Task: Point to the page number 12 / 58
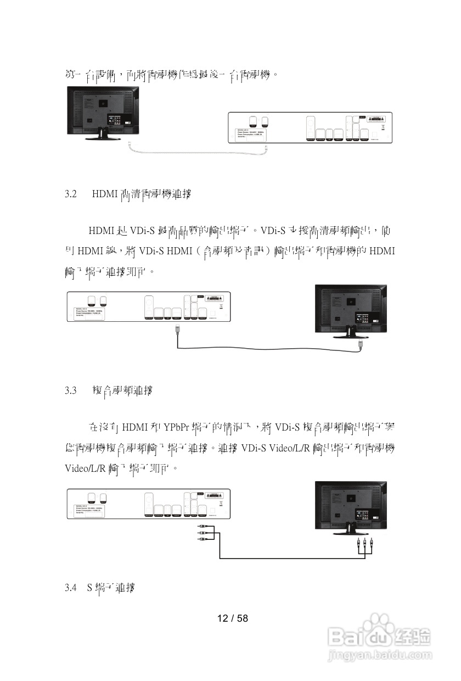[x=233, y=618]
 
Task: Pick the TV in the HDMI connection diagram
[x=350, y=310]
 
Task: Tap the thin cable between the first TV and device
[x=198, y=153]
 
